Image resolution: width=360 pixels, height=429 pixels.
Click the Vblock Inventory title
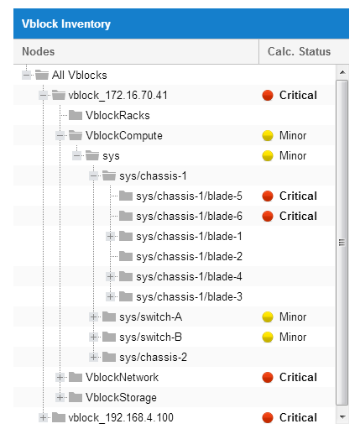pos(66,24)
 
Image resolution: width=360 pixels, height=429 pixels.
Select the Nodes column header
pos(39,51)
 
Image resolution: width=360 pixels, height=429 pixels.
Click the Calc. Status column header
pos(299,51)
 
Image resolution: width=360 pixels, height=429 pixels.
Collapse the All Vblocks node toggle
pos(27,75)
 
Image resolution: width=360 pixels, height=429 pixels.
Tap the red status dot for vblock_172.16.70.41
pos(268,96)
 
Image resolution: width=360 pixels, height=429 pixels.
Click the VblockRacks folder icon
pos(76,115)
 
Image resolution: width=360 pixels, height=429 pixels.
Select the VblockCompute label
pos(124,136)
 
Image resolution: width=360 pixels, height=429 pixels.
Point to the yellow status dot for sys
pos(268,156)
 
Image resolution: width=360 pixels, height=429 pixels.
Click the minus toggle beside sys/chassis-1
pos(94,176)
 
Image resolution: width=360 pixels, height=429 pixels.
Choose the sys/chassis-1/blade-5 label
pos(189,196)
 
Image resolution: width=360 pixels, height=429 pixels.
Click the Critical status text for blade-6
pos(298,217)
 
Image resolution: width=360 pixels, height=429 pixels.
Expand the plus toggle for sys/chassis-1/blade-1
pos(111,237)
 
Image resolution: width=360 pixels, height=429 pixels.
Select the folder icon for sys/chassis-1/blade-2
pos(126,256)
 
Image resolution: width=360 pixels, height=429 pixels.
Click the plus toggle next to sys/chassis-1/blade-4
pos(111,277)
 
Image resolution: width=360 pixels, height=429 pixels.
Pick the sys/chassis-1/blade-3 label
pos(189,297)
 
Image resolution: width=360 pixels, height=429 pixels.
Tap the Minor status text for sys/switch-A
pos(293,317)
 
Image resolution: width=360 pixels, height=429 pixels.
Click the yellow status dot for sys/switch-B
pos(268,337)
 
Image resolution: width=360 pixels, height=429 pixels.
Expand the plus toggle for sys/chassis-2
pos(94,358)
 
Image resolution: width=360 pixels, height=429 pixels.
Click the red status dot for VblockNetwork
pos(268,378)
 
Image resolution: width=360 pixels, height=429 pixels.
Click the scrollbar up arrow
pos(342,72)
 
